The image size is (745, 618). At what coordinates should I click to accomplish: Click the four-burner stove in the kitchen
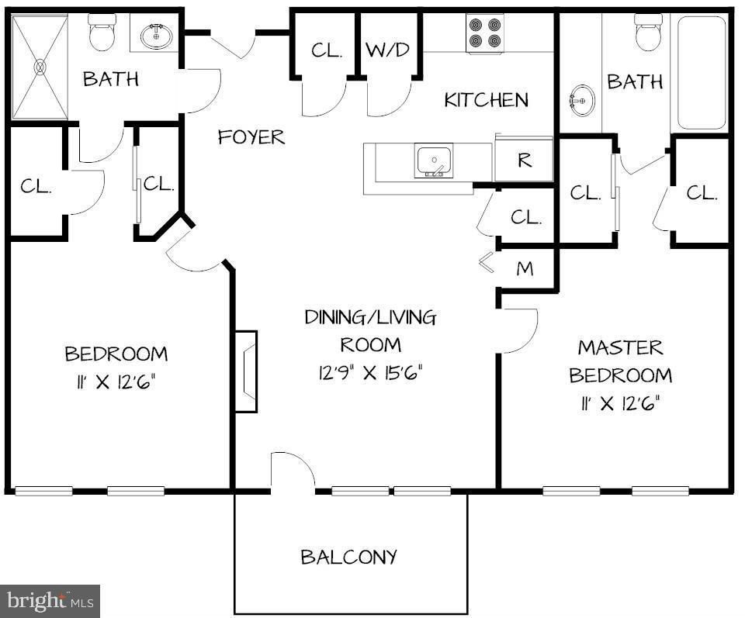[485, 33]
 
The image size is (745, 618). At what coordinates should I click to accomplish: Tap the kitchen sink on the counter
[433, 161]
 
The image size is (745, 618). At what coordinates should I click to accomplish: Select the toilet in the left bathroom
[102, 33]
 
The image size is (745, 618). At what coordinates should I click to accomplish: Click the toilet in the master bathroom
[649, 33]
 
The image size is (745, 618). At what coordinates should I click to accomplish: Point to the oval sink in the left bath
[156, 36]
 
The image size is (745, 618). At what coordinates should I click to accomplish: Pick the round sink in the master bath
[581, 100]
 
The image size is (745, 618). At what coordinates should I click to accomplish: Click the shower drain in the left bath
[40, 67]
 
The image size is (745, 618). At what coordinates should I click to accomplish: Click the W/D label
[387, 50]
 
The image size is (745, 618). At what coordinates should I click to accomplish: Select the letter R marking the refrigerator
[525, 161]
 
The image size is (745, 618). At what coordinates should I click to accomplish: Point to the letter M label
[525, 269]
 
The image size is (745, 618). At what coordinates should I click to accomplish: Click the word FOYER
[251, 137]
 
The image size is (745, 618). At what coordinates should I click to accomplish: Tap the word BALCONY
[348, 556]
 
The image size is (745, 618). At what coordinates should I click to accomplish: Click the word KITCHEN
[486, 100]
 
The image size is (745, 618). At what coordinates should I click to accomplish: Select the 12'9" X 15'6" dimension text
[371, 373]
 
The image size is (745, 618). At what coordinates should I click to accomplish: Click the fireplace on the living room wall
[246, 371]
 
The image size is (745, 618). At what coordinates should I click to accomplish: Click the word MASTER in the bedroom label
[621, 348]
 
